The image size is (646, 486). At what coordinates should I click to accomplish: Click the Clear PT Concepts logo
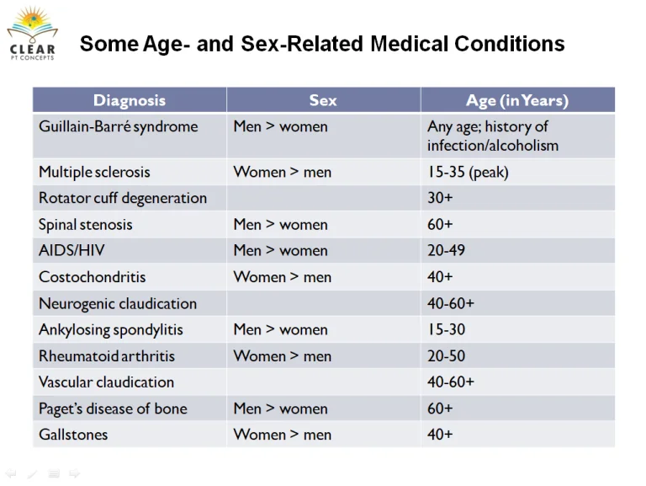click(x=33, y=34)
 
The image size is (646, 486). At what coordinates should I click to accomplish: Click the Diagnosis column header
click(x=130, y=100)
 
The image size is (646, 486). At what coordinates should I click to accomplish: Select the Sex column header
click(x=323, y=100)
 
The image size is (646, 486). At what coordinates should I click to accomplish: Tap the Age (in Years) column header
click(x=517, y=101)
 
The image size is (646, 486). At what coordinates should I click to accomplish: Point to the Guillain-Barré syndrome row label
click(x=119, y=126)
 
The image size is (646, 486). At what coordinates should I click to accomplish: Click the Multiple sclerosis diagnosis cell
click(x=94, y=172)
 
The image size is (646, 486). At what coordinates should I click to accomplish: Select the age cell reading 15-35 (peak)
click(x=468, y=172)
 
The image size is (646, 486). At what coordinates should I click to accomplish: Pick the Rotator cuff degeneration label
click(x=123, y=198)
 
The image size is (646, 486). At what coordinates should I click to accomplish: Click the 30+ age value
click(x=440, y=198)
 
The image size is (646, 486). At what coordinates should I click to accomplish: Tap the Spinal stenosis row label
click(x=85, y=224)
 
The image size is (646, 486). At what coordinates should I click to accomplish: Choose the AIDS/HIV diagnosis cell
click(x=71, y=250)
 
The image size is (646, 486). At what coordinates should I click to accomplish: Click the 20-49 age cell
click(x=446, y=250)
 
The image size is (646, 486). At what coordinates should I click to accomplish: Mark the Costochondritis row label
click(x=93, y=277)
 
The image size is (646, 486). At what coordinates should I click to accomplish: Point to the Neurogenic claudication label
click(x=118, y=304)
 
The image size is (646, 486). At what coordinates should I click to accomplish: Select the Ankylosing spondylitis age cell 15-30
click(x=446, y=329)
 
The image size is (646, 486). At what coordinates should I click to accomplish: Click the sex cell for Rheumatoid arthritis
click(x=283, y=356)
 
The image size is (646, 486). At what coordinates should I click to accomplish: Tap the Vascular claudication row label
click(x=106, y=382)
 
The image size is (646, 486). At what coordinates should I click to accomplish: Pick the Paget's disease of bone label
click(x=113, y=409)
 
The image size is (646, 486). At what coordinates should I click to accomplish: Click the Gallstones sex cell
click(x=283, y=435)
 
